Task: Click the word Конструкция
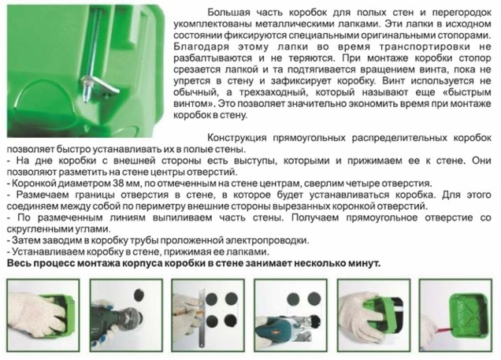(238, 136)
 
